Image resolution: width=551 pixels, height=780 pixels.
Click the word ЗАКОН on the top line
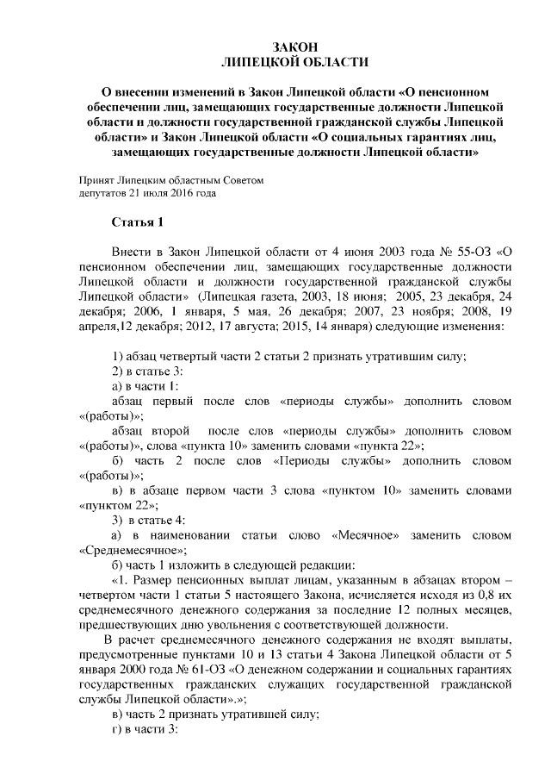click(x=294, y=47)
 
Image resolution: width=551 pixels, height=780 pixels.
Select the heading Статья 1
click(x=138, y=224)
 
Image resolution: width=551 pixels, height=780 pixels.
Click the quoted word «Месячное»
click(x=365, y=536)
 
